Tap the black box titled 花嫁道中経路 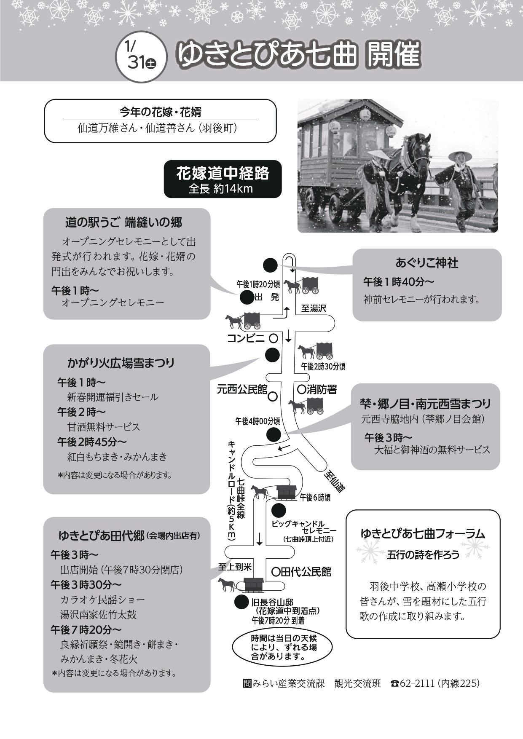222,179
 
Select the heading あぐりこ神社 426,263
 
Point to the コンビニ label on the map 245,338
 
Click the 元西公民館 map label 242,389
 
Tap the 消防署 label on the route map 322,389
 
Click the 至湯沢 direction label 314,308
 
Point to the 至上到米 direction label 235,567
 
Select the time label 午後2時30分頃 323,366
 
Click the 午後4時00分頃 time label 257,420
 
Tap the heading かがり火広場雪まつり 121,363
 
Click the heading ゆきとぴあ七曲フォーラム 423,534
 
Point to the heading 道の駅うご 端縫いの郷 123,222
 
